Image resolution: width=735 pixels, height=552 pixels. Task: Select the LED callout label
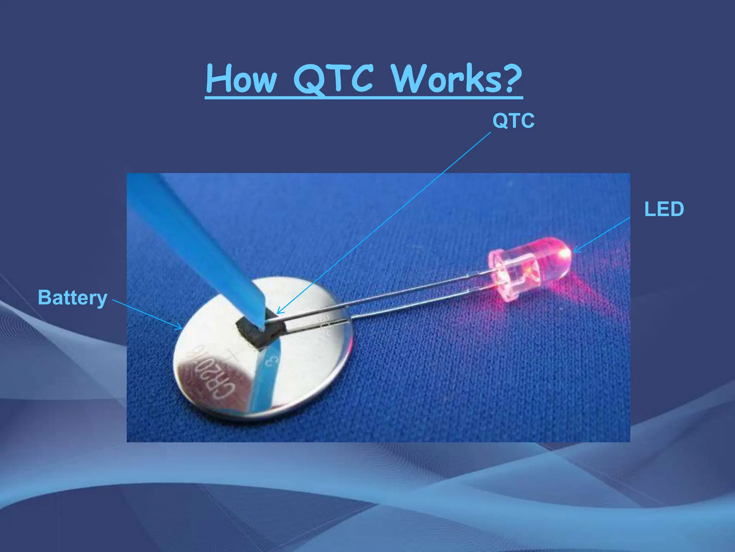point(664,209)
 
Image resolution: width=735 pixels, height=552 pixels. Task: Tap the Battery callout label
point(72,298)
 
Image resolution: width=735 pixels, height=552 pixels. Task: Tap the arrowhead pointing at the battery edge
point(179,327)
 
